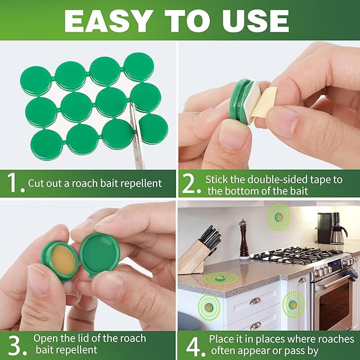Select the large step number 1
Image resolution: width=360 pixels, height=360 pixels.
pos(13,183)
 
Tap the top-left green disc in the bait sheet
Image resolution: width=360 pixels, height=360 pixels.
pos(36,81)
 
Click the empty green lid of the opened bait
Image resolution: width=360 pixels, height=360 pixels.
pos(101,252)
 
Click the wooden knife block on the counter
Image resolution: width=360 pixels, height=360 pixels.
pos(194,257)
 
